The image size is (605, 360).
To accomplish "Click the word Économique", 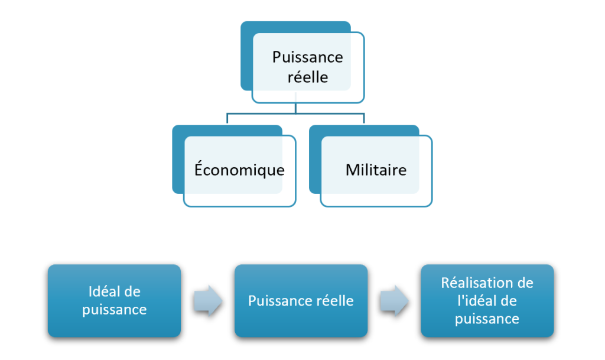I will (239, 170).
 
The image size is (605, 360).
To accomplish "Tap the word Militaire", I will (376, 170).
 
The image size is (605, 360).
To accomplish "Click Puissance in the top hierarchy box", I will (307, 57).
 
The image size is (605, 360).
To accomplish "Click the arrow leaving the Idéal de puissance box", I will (207, 300).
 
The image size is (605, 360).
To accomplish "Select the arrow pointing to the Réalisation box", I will (393, 300).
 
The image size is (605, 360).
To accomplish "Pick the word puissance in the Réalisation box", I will (487, 319).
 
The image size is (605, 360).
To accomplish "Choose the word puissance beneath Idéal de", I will (115, 309).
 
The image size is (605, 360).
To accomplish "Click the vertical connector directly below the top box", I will (295, 107).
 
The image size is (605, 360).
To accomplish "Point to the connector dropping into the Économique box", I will (227, 118).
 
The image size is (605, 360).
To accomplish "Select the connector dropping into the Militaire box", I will (364, 118).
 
